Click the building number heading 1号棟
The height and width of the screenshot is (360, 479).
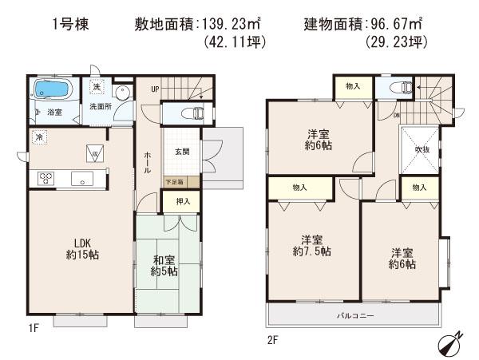(72, 24)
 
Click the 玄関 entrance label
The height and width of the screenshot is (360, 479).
(181, 152)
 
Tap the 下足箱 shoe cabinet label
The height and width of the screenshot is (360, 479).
(174, 182)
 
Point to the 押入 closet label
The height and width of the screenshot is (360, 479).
(182, 201)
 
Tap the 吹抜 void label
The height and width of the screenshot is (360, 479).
(421, 148)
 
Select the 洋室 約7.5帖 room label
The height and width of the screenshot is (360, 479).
(312, 245)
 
